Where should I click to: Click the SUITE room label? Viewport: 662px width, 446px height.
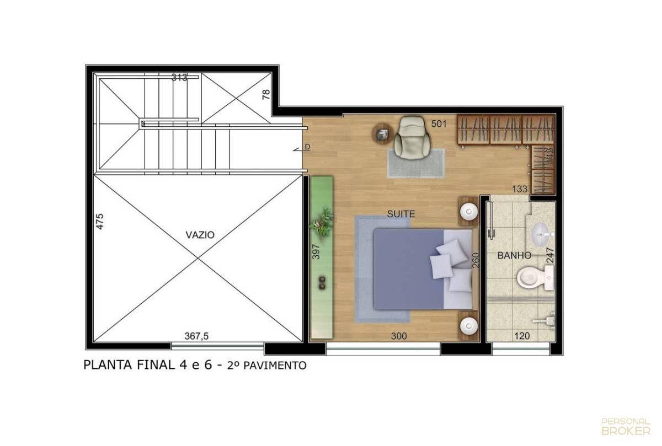[401, 214]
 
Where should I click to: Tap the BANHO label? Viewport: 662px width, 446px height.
[514, 255]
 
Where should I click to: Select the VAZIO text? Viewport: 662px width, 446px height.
[200, 235]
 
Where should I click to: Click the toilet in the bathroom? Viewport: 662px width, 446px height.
[535, 277]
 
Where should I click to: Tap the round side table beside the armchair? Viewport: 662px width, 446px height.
[382, 134]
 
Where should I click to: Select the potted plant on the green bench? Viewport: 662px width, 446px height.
[322, 223]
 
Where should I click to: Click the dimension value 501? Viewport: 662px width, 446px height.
[439, 123]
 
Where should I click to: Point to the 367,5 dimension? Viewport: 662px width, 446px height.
[196, 336]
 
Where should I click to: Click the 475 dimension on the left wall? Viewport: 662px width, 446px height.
[100, 221]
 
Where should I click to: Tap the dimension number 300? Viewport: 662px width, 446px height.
[399, 336]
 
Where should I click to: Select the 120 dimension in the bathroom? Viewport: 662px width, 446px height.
[522, 336]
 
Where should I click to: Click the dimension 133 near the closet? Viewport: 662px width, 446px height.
[520, 189]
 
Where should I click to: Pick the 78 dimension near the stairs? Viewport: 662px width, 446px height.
[266, 94]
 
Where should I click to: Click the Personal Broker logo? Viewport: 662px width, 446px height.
[626, 427]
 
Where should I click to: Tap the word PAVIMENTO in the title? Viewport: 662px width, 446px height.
[275, 366]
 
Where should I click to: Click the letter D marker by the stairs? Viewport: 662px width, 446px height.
[307, 147]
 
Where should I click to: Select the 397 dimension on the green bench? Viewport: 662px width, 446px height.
[316, 251]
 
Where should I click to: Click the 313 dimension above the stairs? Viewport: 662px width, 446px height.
[179, 77]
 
